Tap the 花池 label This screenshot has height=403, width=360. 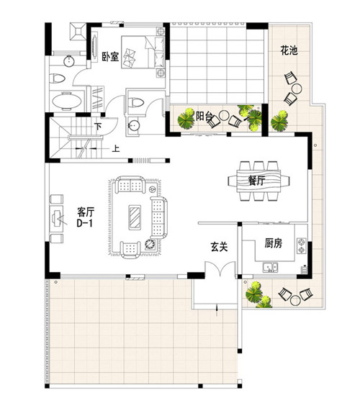(x=289, y=51)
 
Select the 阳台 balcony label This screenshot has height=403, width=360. (x=205, y=115)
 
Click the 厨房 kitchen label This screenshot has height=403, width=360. (x=273, y=243)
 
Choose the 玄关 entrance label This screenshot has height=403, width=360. (x=219, y=246)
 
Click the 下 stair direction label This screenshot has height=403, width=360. (x=98, y=127)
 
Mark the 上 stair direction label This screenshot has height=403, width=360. (x=115, y=150)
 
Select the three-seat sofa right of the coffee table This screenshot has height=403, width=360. (x=158, y=213)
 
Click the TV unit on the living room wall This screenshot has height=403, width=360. (x=56, y=215)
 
